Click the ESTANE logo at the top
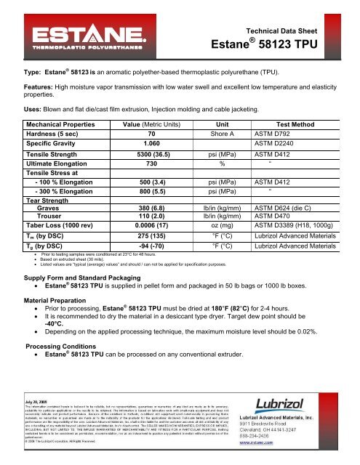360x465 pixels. point(92,36)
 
